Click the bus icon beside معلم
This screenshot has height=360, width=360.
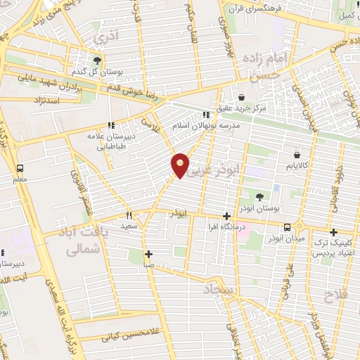(19, 169)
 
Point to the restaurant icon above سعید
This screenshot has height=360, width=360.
(128, 215)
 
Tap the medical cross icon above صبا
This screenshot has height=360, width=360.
(148, 255)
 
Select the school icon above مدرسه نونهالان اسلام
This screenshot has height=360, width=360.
(206, 114)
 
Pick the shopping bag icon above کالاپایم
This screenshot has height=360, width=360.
(297, 154)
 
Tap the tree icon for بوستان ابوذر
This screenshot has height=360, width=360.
(261, 197)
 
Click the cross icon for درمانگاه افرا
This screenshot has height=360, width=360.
(226, 217)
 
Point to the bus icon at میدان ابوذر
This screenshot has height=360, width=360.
(287, 227)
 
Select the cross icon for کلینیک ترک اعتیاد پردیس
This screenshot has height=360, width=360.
(333, 232)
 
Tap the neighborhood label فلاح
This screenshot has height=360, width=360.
(335, 295)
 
